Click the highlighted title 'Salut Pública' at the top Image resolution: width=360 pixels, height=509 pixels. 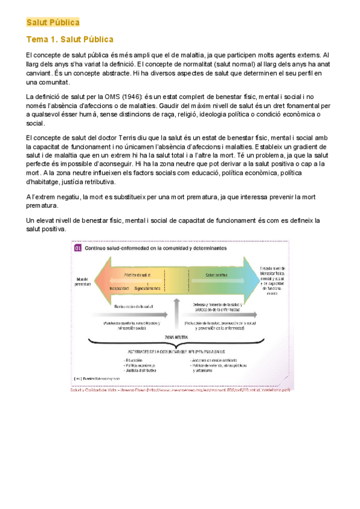pos(53,23)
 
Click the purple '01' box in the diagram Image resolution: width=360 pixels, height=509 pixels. pos(77,247)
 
